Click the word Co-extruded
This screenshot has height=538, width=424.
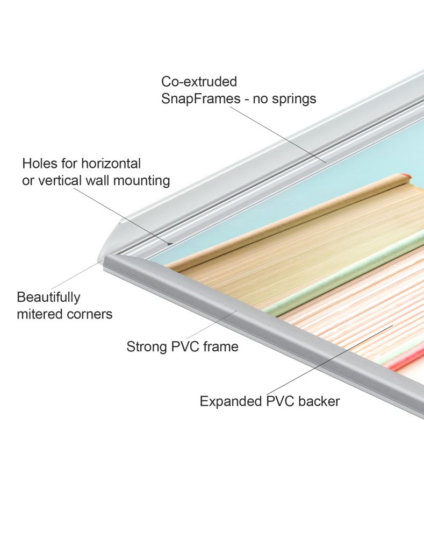click(199, 82)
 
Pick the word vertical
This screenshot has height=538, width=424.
click(60, 180)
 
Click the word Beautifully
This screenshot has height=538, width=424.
click(48, 298)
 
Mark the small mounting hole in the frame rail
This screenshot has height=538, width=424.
click(170, 243)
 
